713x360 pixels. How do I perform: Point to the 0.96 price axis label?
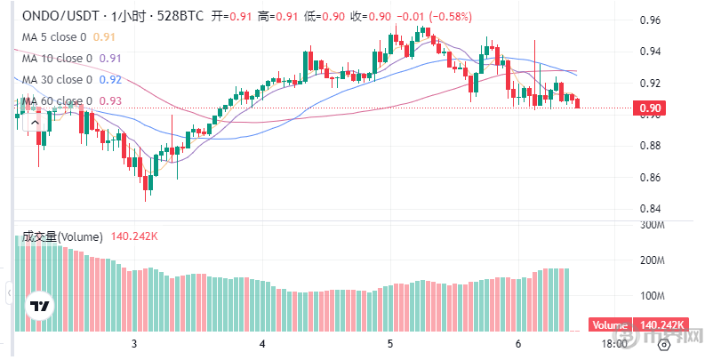[651, 20]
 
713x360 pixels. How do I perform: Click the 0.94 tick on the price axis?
[651, 52]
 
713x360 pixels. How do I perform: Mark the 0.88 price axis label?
[651, 146]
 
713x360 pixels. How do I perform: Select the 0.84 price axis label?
[651, 209]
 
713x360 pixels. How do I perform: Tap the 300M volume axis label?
[653, 226]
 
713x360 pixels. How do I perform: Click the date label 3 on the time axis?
[134, 344]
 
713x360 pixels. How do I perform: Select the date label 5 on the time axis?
[390, 344]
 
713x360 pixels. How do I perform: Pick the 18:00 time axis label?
[614, 344]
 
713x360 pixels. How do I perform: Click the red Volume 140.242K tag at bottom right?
[635, 325]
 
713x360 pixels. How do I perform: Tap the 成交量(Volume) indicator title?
[63, 236]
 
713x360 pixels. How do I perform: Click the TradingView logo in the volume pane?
[39, 307]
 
